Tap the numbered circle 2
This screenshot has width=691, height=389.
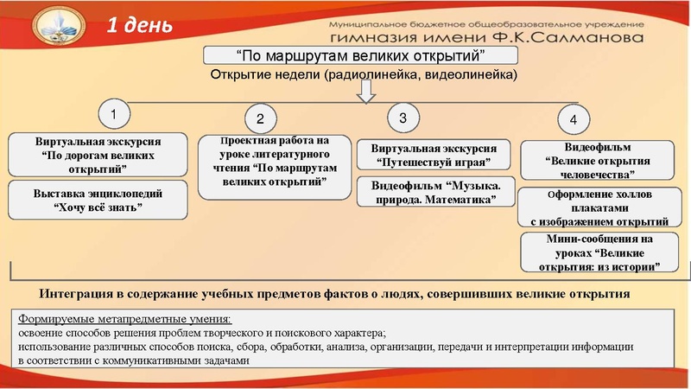click(260, 118)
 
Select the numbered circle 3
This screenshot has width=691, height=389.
click(403, 116)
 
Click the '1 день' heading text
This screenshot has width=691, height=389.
click(138, 26)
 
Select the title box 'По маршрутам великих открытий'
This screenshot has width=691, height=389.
click(359, 56)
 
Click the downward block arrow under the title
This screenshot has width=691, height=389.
click(368, 89)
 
